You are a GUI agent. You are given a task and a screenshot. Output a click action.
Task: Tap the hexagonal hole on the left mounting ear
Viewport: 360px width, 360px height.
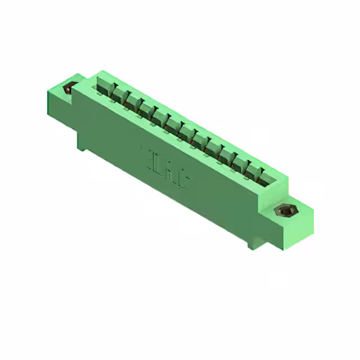(70, 88)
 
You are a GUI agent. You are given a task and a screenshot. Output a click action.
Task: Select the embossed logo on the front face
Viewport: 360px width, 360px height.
(166, 161)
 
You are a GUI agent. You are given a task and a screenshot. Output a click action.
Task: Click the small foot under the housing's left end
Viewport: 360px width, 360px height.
(82, 147)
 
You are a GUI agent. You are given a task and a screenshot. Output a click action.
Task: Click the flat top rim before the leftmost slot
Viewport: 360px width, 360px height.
(93, 79)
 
